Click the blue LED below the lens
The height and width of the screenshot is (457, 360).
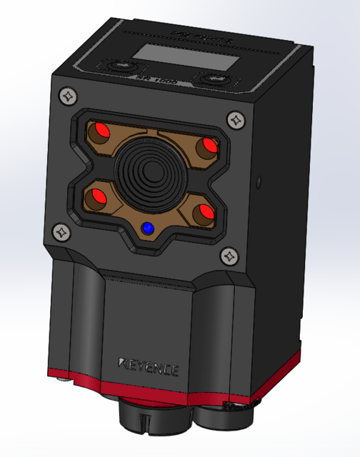pos(148,228)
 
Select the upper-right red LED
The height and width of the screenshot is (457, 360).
pos(209,146)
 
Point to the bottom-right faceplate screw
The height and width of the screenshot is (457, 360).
pos(229,254)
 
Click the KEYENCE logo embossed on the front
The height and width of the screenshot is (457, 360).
pos(149,367)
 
